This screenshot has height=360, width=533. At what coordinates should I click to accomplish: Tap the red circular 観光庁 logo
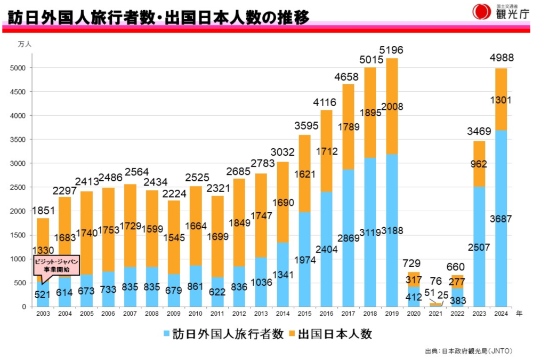[481, 12]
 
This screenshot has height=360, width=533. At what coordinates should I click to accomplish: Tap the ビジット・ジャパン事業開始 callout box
[56, 266]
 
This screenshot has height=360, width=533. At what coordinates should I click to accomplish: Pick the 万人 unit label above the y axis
[25, 44]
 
